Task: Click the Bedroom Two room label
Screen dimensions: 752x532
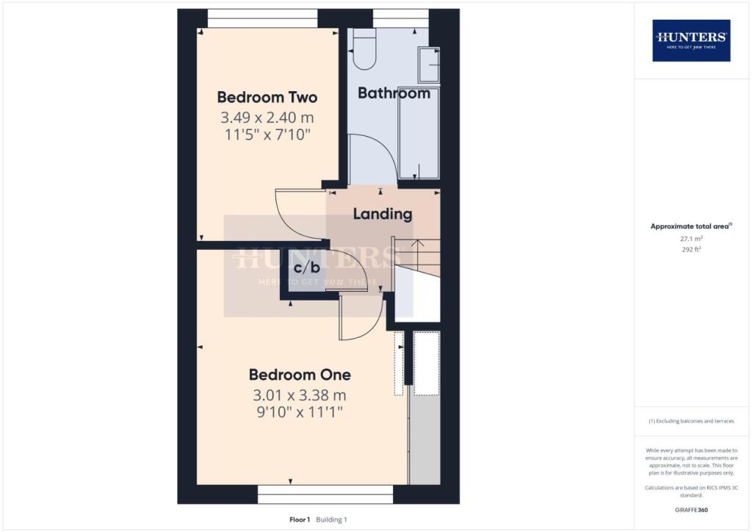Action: click(x=267, y=98)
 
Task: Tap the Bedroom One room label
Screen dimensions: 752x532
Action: click(x=300, y=375)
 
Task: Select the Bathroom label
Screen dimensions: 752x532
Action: click(x=394, y=93)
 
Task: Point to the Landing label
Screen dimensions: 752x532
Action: click(x=383, y=214)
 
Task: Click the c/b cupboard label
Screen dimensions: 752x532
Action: click(x=306, y=267)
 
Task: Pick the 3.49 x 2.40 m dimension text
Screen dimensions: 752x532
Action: click(x=267, y=118)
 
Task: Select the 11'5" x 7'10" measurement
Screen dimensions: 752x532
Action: click(x=267, y=134)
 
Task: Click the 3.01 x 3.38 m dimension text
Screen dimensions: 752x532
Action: click(x=300, y=395)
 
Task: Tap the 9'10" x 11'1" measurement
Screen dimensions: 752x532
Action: click(x=300, y=412)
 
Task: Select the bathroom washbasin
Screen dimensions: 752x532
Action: click(x=429, y=64)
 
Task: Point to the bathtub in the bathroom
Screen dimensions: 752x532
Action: click(x=418, y=133)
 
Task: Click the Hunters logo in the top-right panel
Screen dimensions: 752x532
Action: click(x=691, y=40)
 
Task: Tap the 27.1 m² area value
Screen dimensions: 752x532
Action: click(x=691, y=238)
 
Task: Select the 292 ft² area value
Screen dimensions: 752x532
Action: click(x=691, y=249)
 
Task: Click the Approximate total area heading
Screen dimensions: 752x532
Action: click(x=691, y=226)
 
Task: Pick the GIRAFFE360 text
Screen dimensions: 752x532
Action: click(x=691, y=510)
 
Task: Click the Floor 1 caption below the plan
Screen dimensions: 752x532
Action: click(x=300, y=520)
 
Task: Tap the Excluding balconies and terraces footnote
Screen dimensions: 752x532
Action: click(x=691, y=421)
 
